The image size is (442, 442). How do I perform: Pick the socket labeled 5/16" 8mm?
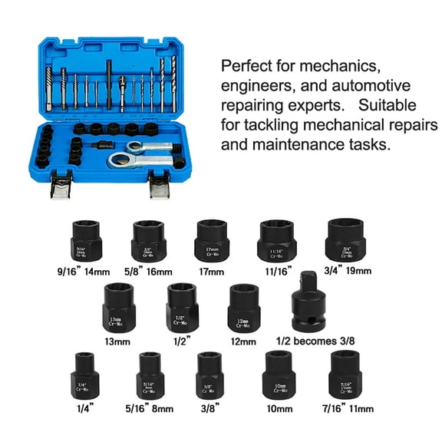point(149,374)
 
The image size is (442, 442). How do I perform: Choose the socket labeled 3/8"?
point(212,374)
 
